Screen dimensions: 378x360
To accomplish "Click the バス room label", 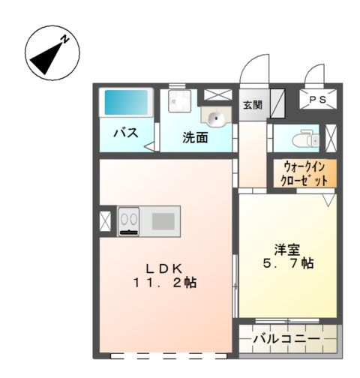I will pos(124,133).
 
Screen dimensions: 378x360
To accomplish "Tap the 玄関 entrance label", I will pos(252,104).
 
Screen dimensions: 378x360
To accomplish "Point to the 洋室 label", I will pos(284,248).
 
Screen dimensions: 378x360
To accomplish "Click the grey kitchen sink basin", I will pos(162,220).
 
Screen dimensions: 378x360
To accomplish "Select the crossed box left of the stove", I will pos(105,221).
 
